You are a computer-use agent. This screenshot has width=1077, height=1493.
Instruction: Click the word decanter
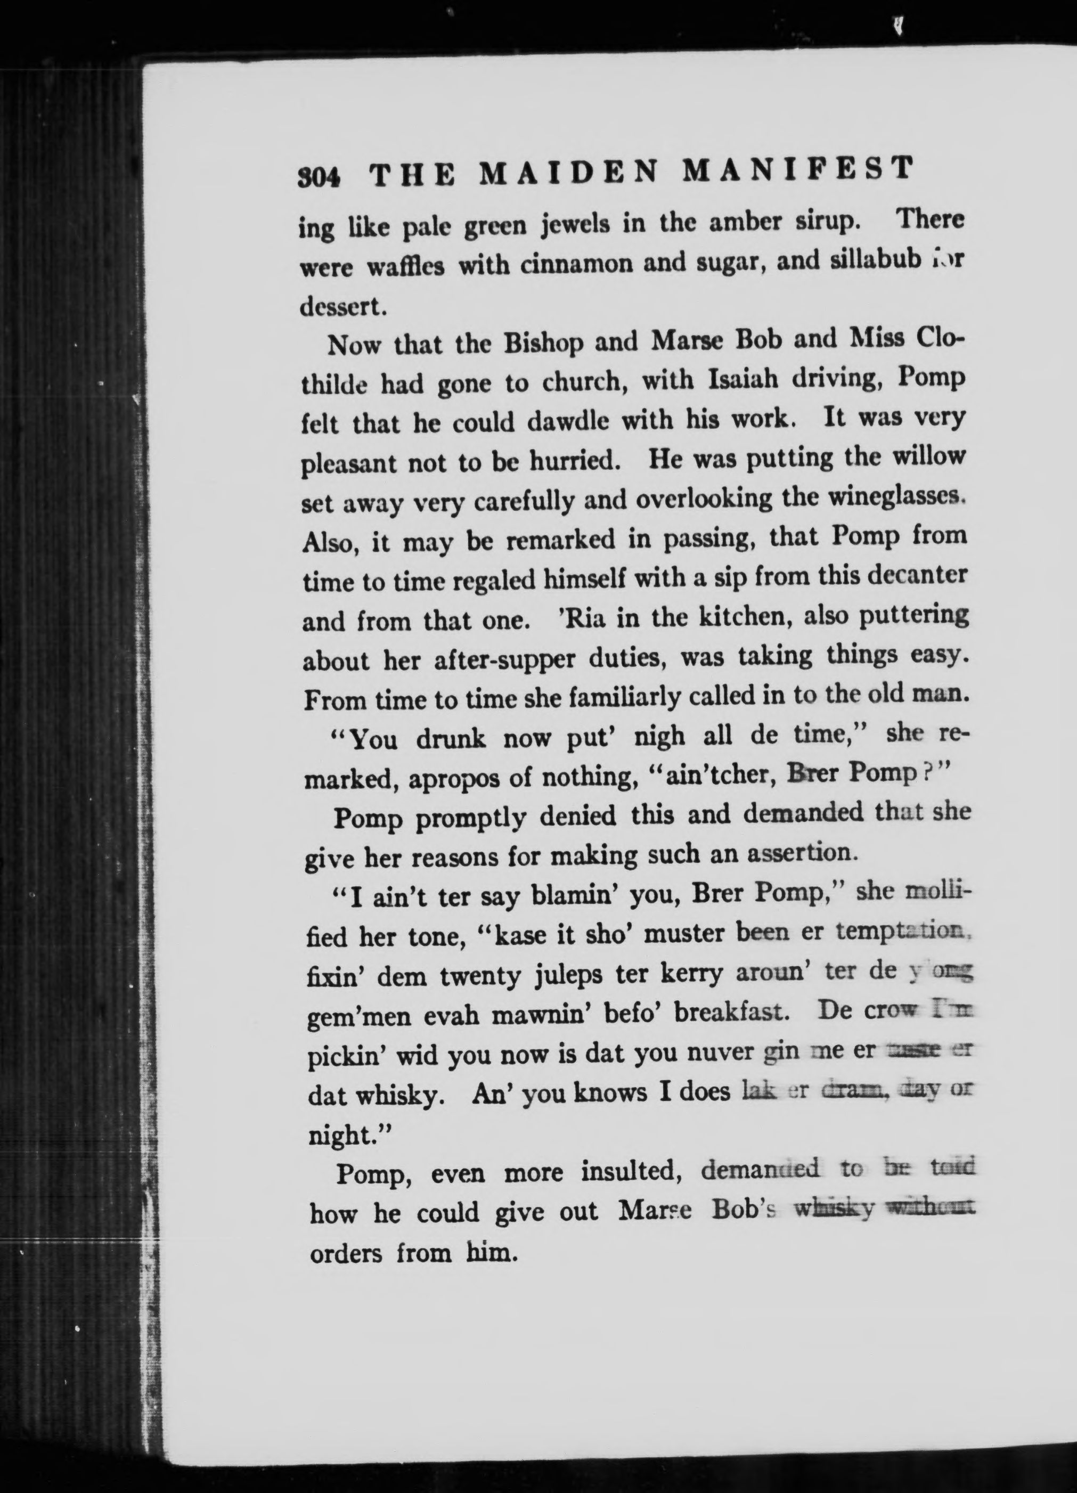pos(917,575)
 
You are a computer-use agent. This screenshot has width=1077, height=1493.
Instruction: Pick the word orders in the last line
pos(346,1253)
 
